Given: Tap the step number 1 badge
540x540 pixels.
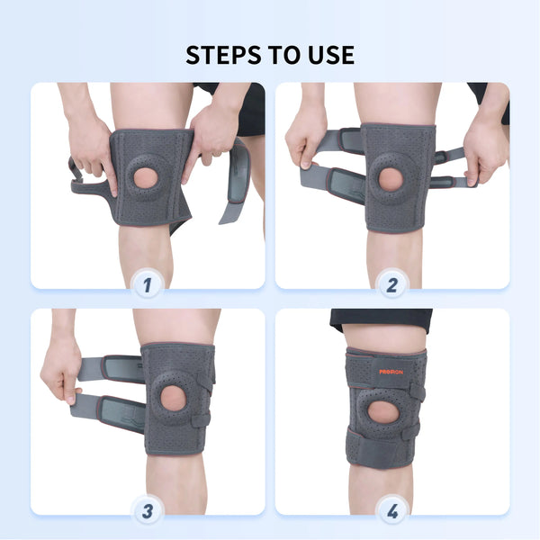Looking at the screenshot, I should click(148, 285).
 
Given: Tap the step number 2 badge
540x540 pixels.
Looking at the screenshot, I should click(392, 285).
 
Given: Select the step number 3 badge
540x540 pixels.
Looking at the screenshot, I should click(148, 511).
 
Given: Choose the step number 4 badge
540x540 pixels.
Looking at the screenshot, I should click(392, 511).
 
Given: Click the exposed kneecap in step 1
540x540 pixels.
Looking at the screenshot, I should click(146, 177).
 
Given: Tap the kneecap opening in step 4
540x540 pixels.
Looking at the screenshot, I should click(383, 413).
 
